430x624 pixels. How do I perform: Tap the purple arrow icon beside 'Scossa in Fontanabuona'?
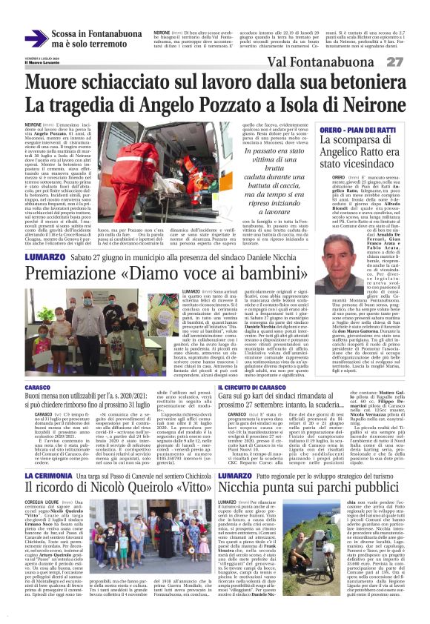point(36,38)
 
